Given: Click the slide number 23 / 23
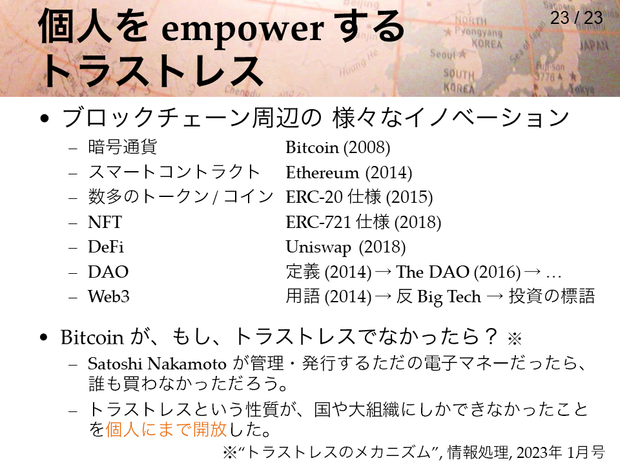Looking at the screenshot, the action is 577,18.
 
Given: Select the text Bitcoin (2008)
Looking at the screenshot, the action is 338,147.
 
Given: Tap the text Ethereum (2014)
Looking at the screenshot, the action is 349,172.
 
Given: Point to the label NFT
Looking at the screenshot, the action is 105,222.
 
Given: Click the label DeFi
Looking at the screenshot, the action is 105,247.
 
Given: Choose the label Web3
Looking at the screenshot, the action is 108,296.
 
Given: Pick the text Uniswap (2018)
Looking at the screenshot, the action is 346,247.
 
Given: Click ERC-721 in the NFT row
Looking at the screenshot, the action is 318,222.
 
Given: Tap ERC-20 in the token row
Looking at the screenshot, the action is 314,198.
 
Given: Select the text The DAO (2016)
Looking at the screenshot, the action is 459,272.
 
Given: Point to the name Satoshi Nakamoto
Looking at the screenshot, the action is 157,364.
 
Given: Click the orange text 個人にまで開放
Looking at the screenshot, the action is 166,429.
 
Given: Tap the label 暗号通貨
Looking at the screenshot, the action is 122,147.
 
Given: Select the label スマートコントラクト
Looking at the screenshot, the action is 174,172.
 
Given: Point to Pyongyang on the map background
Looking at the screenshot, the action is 478,32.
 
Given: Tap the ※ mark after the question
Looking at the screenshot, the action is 515,338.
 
